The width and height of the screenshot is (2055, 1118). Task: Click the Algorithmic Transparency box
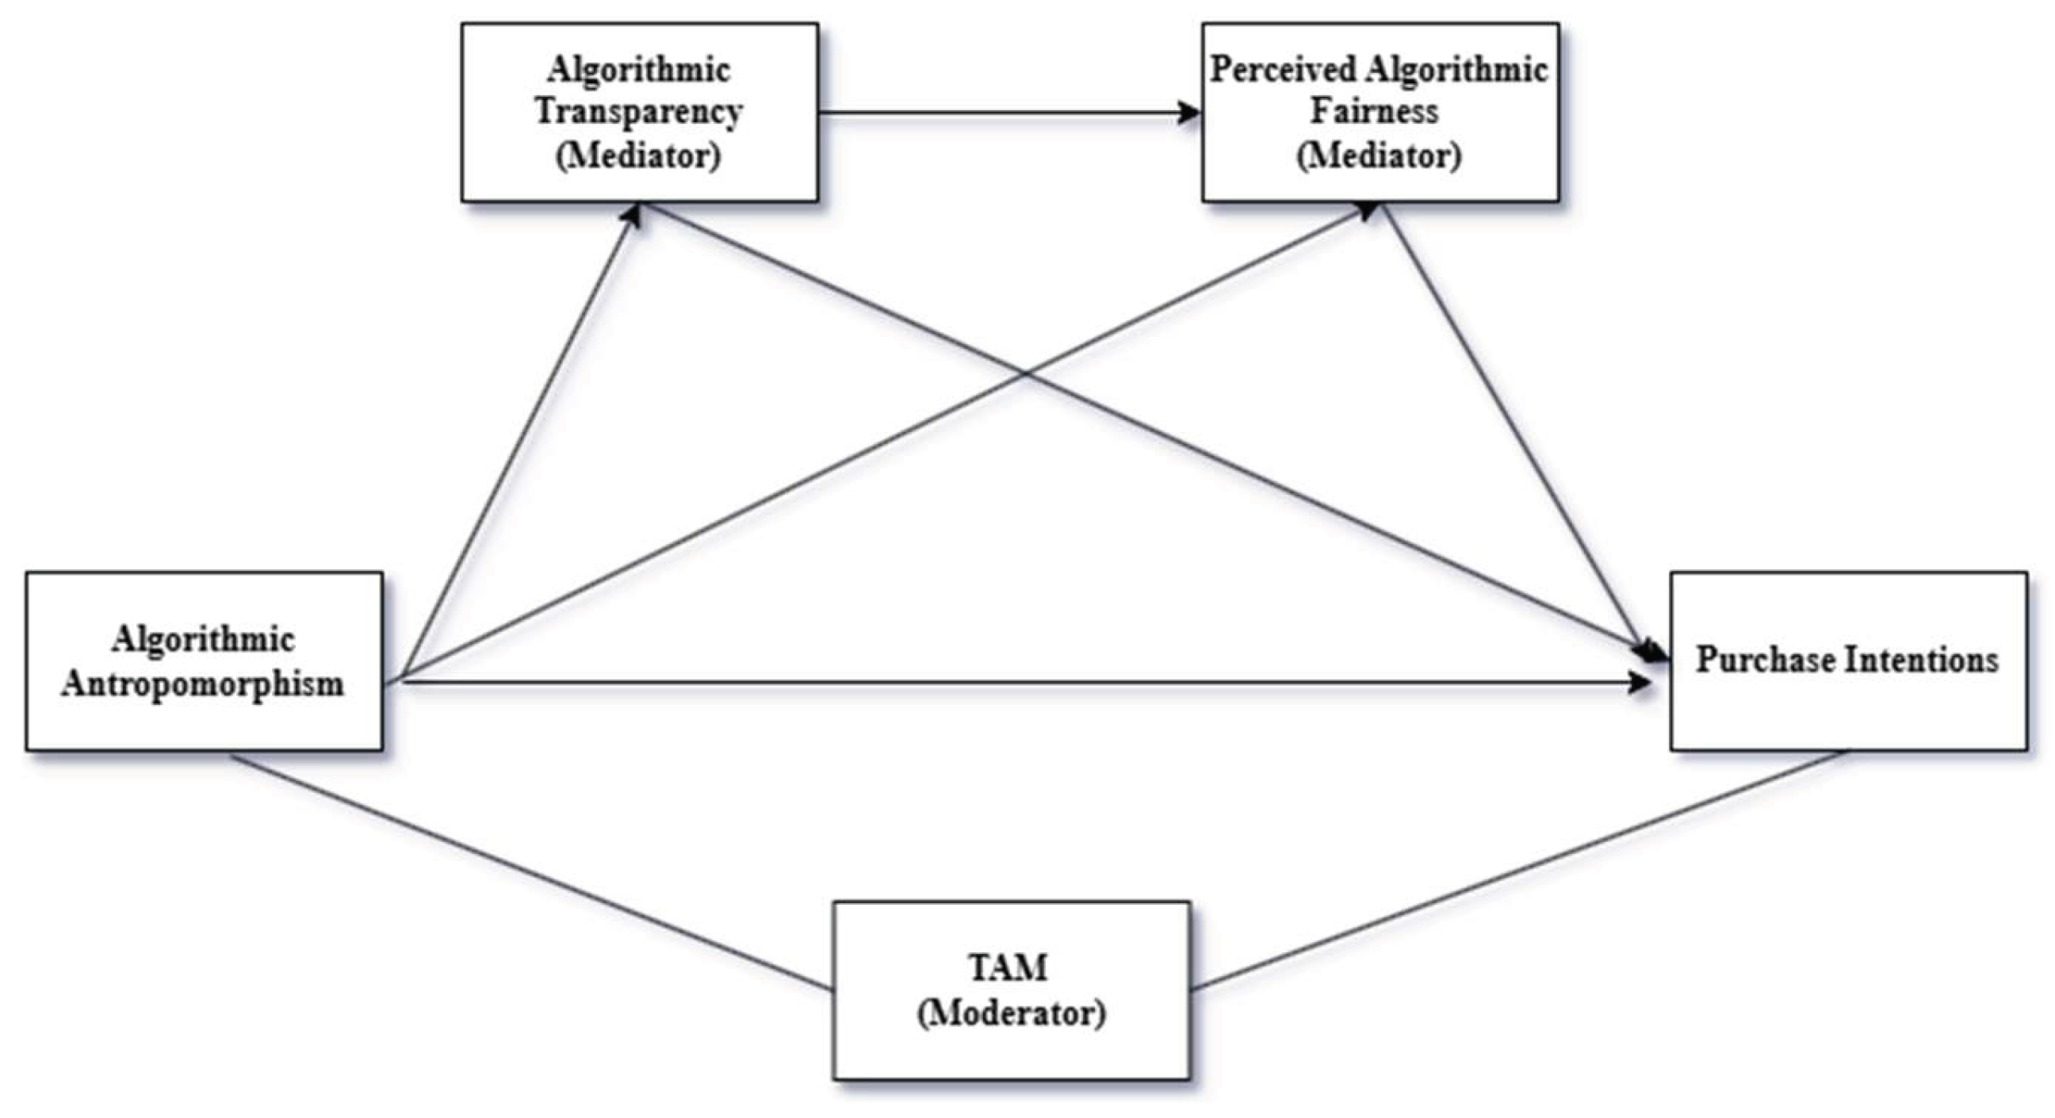(x=639, y=112)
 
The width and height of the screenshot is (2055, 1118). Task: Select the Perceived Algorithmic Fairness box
(x=1380, y=112)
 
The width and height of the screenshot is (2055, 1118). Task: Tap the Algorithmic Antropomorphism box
(x=205, y=660)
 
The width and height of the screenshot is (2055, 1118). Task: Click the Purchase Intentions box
(x=1848, y=660)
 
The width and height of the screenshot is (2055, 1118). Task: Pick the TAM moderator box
(x=1012, y=990)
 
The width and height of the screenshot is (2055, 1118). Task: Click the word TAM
(x=1008, y=967)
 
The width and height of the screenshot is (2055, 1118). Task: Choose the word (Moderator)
(x=1012, y=1013)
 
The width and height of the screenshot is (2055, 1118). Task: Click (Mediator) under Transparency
(x=638, y=155)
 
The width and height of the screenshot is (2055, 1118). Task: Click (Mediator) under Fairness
(x=1379, y=155)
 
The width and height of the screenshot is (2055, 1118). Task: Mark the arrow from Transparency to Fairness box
(x=1009, y=113)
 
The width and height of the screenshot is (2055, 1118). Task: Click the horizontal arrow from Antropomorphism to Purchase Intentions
(x=1021, y=682)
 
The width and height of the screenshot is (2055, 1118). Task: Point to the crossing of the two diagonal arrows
(x=1026, y=373)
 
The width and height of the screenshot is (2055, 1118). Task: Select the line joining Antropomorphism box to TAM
(x=530, y=873)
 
